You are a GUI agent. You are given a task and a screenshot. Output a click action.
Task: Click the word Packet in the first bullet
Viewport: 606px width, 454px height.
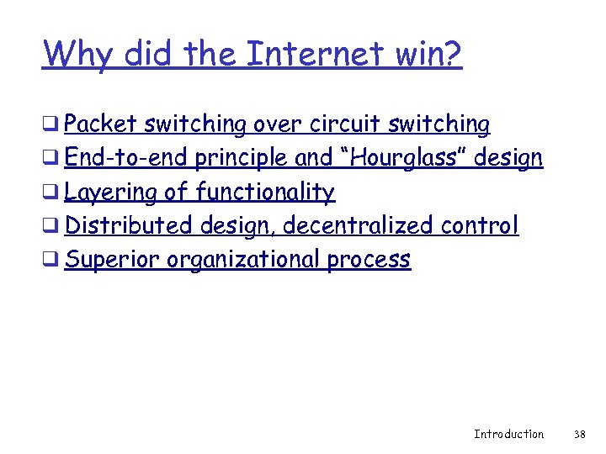point(101,124)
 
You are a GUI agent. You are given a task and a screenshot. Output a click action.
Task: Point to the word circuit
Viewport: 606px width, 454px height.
point(346,124)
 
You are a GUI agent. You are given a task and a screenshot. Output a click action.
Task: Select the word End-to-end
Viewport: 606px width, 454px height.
point(126,158)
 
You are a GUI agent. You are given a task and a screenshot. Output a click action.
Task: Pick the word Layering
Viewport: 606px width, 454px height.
point(111,192)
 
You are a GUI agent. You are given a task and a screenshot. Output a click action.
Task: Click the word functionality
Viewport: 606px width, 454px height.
point(265,192)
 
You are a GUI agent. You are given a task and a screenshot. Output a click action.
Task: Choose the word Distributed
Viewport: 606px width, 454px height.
point(130,225)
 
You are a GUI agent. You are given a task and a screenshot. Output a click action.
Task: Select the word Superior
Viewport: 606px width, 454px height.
point(113,259)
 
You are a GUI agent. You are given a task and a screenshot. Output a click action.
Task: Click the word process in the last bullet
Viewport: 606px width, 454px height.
point(369,259)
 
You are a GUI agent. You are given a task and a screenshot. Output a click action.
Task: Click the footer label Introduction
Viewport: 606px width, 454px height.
point(508,434)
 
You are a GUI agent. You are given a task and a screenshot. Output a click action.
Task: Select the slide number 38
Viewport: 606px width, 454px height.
point(579,434)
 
